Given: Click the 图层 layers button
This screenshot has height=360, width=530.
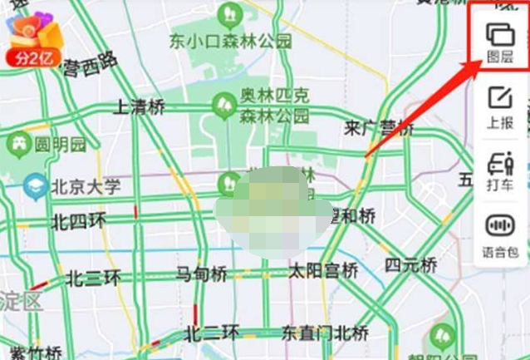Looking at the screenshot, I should [x=499, y=42].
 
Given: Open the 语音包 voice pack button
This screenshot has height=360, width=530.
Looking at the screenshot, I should [x=499, y=236].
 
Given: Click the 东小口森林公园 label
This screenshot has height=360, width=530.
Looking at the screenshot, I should [x=230, y=40].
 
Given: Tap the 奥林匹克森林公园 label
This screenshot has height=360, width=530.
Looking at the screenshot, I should [x=274, y=107].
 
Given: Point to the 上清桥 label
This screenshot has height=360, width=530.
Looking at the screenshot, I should [x=139, y=106].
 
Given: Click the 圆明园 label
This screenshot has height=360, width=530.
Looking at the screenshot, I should [x=60, y=144].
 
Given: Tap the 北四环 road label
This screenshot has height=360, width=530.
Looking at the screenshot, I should [x=79, y=221].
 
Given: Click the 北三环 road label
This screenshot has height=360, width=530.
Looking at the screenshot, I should [x=93, y=277].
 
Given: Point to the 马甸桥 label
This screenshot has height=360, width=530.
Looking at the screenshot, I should [x=201, y=273].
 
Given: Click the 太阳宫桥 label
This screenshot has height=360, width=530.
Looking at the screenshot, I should [x=323, y=270].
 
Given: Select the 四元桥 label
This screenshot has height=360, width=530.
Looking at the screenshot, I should [x=410, y=266].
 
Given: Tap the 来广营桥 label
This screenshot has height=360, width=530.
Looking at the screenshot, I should [x=379, y=128].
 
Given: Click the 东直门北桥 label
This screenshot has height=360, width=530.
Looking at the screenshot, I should [x=324, y=333].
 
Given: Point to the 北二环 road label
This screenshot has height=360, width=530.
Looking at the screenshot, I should [x=212, y=333].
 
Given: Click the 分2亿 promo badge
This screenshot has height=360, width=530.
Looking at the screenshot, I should [x=33, y=57].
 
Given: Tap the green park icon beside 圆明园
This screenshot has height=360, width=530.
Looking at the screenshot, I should [x=17, y=144].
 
